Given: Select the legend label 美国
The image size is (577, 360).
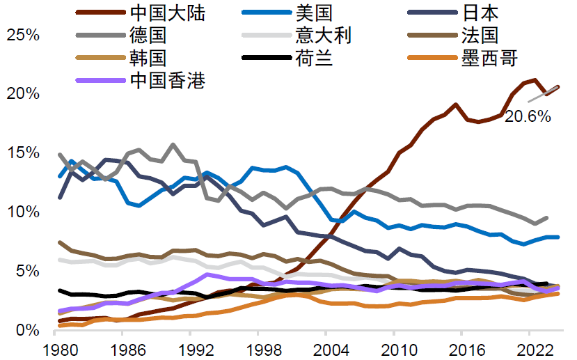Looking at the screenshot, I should (314, 12).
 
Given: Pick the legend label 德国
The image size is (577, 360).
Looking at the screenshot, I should (148, 35).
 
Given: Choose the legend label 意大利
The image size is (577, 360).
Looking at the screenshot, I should (324, 35).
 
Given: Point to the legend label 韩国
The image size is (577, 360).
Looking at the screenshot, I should (148, 58).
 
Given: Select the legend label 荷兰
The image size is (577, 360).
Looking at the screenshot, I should (314, 58).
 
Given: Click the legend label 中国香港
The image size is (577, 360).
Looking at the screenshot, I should (168, 80).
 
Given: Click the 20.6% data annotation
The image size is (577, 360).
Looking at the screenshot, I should (528, 117).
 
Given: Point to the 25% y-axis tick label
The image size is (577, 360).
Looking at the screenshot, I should (22, 35).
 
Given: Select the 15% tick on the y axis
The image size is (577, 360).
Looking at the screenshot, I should (22, 152).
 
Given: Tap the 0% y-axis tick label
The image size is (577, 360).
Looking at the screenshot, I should (27, 329).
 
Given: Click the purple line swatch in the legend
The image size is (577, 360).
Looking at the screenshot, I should (100, 80).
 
